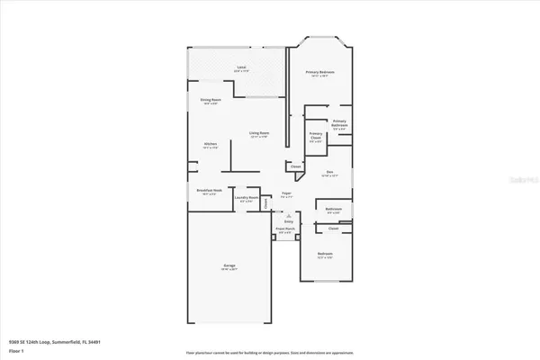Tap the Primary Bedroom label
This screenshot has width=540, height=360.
(x=320, y=72)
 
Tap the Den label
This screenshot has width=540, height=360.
(x=330, y=173)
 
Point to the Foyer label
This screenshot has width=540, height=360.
(x=286, y=193)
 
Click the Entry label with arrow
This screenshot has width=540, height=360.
(x=289, y=220)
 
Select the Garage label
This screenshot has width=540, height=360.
(x=229, y=265)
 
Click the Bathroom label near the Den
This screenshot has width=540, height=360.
(x=333, y=210)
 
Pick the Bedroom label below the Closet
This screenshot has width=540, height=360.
(x=325, y=255)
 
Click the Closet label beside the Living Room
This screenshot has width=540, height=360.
(x=295, y=166)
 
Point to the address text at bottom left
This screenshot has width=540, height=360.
(x=42, y=342)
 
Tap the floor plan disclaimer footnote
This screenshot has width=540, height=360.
(x=270, y=352)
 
